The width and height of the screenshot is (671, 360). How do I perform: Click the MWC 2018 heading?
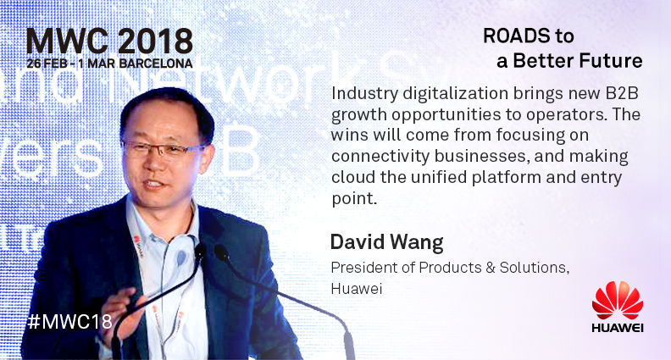tap(109, 42)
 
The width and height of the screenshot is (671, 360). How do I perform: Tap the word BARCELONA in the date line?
tap(156, 64)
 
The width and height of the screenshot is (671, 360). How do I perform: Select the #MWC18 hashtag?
tap(69, 322)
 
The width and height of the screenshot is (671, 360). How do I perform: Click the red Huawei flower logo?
tap(618, 300)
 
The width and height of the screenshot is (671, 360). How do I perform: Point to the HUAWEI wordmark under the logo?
tap(618, 329)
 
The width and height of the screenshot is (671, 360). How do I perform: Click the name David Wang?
tap(387, 243)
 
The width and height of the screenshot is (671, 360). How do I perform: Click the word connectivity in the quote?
tap(380, 156)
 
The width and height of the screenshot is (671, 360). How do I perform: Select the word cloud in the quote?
tap(353, 177)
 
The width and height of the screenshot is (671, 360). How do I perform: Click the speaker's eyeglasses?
tap(164, 148)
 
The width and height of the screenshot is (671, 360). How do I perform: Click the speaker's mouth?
tap(153, 184)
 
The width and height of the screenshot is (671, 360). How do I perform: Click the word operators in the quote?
tap(567, 115)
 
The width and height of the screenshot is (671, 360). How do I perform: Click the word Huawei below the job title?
tap(357, 289)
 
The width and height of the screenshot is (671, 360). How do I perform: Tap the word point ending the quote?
tap(354, 198)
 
